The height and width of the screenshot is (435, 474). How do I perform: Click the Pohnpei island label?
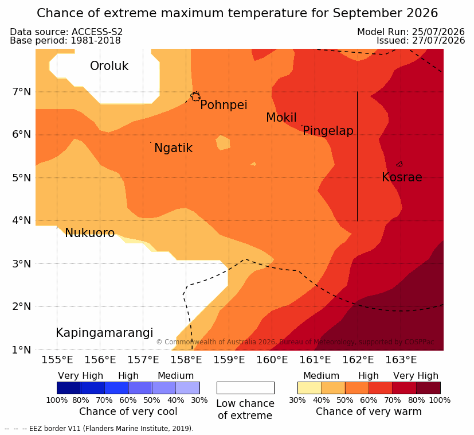[x=224, y=105]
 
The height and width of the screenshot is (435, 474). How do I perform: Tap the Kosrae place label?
[x=402, y=177]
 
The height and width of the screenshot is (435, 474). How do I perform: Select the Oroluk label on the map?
[x=109, y=65]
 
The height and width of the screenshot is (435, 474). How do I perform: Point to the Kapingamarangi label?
[x=104, y=333]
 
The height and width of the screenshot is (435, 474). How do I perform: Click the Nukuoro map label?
[x=90, y=233]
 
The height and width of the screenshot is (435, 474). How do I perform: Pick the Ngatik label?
[x=173, y=148]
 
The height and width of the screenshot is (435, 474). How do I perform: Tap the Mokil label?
[x=281, y=118]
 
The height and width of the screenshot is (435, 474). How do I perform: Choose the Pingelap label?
[x=328, y=131]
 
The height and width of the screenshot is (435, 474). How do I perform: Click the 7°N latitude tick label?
[x=21, y=92]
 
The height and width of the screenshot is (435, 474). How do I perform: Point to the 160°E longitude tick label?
[x=272, y=360]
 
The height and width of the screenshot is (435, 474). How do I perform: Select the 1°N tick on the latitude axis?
[x=21, y=350]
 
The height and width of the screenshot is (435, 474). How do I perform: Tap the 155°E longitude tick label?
[x=57, y=360]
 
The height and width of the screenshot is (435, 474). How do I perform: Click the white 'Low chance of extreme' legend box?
[x=245, y=388]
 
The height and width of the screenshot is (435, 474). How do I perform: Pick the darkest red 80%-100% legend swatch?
[x=428, y=388]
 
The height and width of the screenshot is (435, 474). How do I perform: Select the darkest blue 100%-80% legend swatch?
[x=69, y=388]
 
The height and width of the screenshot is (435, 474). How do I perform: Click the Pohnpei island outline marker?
[x=195, y=96]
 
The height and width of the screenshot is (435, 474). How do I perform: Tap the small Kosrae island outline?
[x=399, y=164]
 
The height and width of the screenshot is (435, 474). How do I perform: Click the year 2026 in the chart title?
[x=422, y=13]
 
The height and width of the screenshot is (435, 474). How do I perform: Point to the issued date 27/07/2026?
[x=438, y=41]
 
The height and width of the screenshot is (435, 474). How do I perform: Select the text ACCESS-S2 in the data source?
[x=97, y=32]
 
